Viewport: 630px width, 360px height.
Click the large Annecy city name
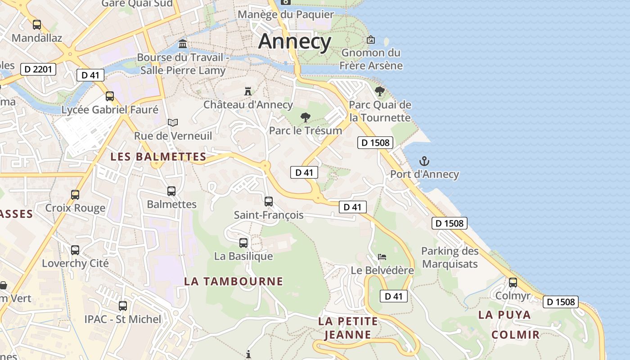coord(295,41)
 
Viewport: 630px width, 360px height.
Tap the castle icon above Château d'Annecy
coord(247,91)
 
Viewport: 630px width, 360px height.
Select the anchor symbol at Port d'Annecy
coord(424,161)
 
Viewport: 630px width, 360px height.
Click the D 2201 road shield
coord(39,69)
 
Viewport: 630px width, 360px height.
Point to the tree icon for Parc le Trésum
coord(306,118)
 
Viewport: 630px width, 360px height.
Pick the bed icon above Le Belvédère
coord(382,257)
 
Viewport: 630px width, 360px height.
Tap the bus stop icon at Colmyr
coord(513,283)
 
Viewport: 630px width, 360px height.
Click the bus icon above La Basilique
coord(243,243)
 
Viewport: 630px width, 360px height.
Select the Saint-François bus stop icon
coord(269,202)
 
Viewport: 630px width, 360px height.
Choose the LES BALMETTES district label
coord(158,157)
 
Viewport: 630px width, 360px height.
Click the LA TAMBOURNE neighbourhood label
coord(234,282)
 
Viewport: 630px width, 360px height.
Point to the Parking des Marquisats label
coord(450,257)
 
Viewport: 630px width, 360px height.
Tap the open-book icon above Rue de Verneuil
coord(173,122)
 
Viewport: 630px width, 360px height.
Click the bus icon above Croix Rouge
coord(75,195)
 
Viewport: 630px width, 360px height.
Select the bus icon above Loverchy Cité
coord(75,250)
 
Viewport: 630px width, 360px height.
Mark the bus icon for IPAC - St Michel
coord(123,306)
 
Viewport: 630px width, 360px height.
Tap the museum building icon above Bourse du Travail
coord(183,44)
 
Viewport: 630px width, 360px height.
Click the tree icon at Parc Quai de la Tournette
coord(380,91)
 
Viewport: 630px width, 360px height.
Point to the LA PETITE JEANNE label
coord(348,328)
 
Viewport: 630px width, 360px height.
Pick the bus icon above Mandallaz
coord(37,25)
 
